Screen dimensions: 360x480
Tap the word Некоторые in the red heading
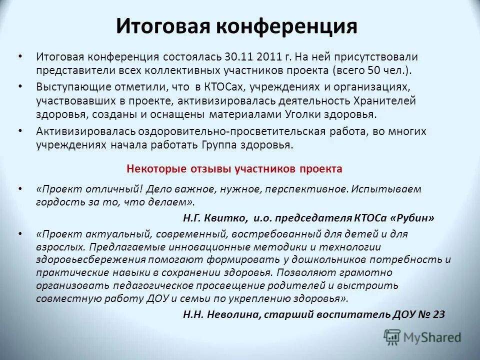pyautogui.click(x=152, y=169)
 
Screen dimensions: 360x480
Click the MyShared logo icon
pyautogui.click(x=392, y=336)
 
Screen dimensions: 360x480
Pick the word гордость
pyautogui.click(x=56, y=202)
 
